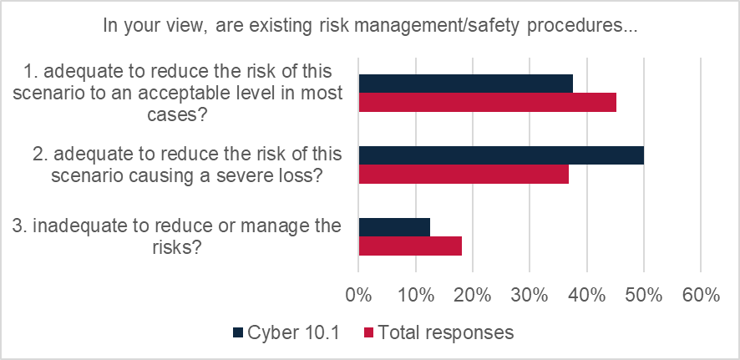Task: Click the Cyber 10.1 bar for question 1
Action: click(465, 84)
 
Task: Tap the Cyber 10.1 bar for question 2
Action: click(501, 155)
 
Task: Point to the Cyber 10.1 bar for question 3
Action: click(394, 227)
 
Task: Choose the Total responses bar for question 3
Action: click(410, 246)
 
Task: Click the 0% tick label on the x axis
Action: click(358, 295)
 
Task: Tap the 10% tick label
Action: click(415, 295)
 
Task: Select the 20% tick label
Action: click(472, 295)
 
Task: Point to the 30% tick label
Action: click(530, 295)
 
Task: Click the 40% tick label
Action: click(586, 295)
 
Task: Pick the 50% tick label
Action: click(643, 295)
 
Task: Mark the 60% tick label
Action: click(700, 295)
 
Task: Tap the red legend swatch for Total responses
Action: click(368, 332)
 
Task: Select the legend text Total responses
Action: click(446, 332)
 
